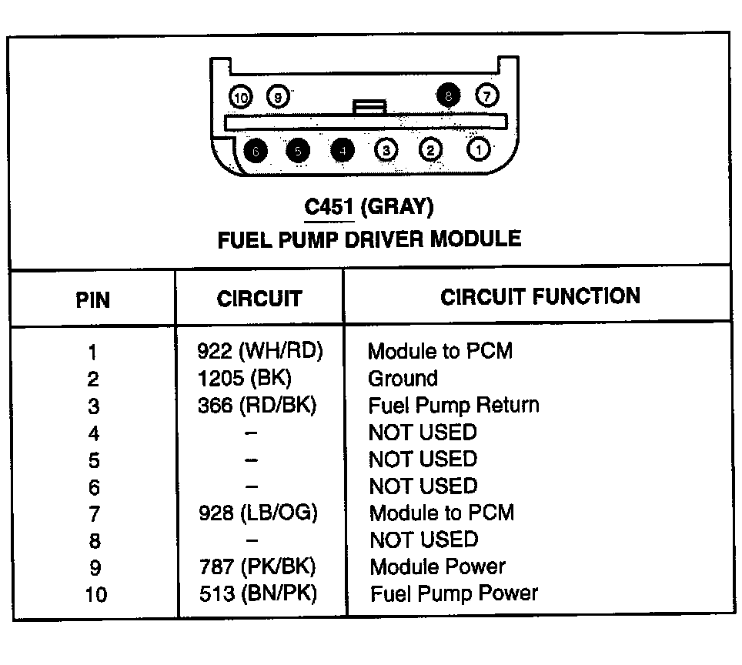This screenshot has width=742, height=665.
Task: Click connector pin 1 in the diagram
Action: click(479, 149)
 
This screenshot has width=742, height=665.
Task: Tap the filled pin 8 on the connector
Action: click(447, 96)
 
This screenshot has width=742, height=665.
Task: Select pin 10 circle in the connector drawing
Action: click(241, 97)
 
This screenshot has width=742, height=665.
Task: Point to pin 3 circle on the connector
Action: click(386, 150)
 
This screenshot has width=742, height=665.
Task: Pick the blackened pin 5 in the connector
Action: click(298, 151)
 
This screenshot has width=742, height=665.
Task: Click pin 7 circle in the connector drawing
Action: click(487, 95)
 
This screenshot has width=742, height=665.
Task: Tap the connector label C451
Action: click(328, 206)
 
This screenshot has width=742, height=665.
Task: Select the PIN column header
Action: click(92, 299)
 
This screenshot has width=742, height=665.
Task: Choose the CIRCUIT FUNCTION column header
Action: click(540, 296)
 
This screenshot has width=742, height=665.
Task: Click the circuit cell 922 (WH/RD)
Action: click(259, 351)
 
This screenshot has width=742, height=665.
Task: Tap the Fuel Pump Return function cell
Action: click(453, 405)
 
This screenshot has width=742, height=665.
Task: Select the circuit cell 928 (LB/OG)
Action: click(257, 513)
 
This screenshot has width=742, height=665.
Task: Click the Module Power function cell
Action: click(437, 566)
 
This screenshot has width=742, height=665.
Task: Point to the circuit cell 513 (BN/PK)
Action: click(257, 593)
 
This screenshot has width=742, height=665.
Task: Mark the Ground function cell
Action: click(403, 378)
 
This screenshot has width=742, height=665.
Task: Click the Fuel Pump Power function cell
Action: click(453, 593)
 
